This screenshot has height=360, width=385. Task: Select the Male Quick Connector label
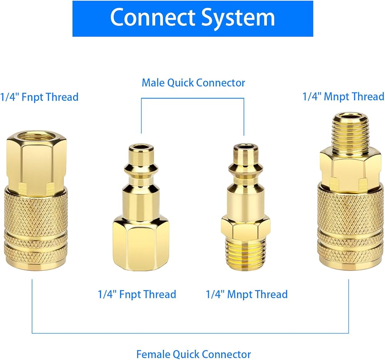point(193,83)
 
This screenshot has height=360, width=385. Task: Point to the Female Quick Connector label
point(193,354)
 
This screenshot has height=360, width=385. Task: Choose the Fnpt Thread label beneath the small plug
point(137,295)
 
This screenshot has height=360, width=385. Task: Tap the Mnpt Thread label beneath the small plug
point(246,295)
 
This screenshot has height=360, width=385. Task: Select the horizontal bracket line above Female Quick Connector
point(190,333)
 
